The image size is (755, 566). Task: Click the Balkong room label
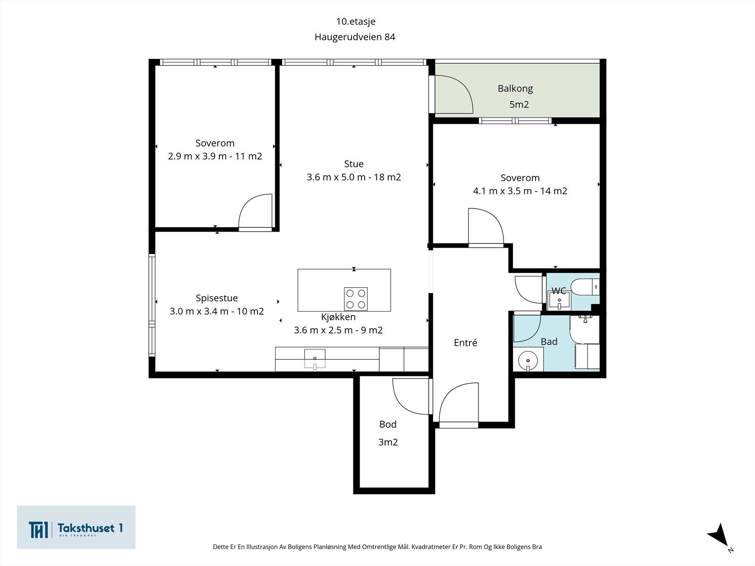515,89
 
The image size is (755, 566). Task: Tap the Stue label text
353,164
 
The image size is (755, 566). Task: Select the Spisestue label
217,298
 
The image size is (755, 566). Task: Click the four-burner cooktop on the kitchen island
356,299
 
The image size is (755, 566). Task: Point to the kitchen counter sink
315,359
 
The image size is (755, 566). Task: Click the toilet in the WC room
585,287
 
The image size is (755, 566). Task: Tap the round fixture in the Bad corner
528,361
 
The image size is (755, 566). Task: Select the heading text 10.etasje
355,21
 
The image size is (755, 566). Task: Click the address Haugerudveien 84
355,37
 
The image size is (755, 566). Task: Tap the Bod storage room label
388,424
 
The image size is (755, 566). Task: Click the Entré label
465,342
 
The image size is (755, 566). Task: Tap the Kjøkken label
338,317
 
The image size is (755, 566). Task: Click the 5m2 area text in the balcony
519,104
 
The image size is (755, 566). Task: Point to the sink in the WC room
559,300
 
